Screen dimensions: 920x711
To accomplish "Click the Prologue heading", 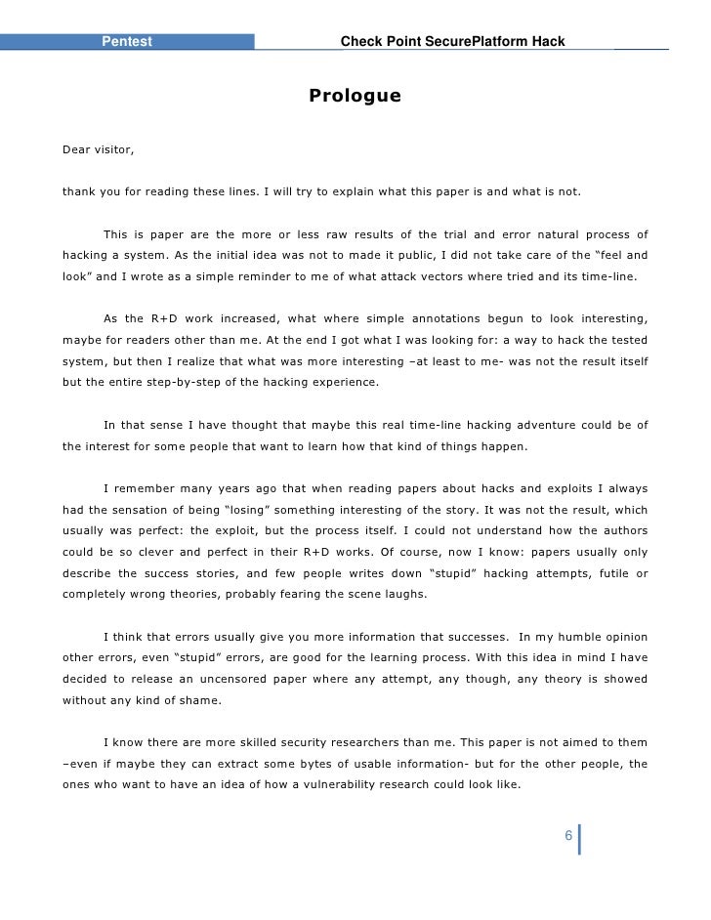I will tap(355, 96).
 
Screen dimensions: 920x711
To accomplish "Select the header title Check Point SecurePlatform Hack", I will tap(451, 41).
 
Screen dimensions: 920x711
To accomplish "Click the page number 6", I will tap(568, 838).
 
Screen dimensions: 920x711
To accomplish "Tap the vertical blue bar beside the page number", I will tap(580, 838).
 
